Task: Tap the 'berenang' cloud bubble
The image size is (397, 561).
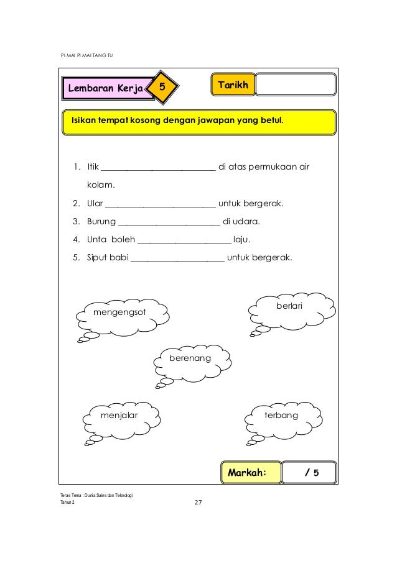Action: click(x=190, y=359)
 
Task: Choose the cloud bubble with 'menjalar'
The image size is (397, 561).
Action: click(x=120, y=415)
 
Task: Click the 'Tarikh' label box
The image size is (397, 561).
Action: click(x=233, y=84)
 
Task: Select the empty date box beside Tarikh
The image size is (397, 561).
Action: click(x=295, y=84)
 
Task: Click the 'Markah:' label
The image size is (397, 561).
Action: click(x=247, y=472)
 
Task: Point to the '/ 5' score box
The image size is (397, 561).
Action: click(x=309, y=472)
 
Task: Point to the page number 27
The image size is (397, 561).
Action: click(x=198, y=502)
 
